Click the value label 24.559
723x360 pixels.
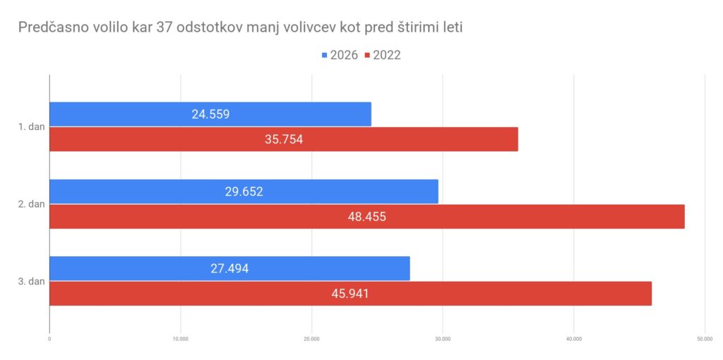pyautogui.click(x=210, y=114)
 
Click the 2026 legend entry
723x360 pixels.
pyautogui.click(x=340, y=55)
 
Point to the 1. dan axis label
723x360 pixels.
pyautogui.click(x=32, y=127)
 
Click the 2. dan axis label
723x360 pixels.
pyautogui.click(x=32, y=204)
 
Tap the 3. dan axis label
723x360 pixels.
pyautogui.click(x=32, y=281)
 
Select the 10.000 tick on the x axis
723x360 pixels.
pyautogui.click(x=180, y=339)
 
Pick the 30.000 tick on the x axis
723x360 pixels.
pyautogui.click(x=443, y=339)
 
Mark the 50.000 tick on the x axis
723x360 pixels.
pyautogui.click(x=704, y=339)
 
